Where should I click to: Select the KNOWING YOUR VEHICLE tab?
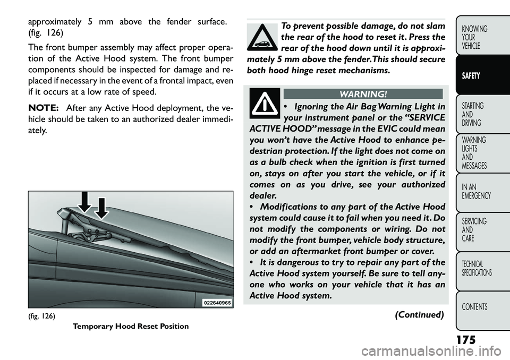[x=475, y=37]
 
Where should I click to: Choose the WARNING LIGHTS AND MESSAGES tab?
[x=475, y=153]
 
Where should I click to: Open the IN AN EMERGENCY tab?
[x=475, y=191]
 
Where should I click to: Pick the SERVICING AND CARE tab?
[x=475, y=230]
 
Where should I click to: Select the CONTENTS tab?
[x=475, y=307]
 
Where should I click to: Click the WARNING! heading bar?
[x=363, y=94]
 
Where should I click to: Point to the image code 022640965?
[x=217, y=302]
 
